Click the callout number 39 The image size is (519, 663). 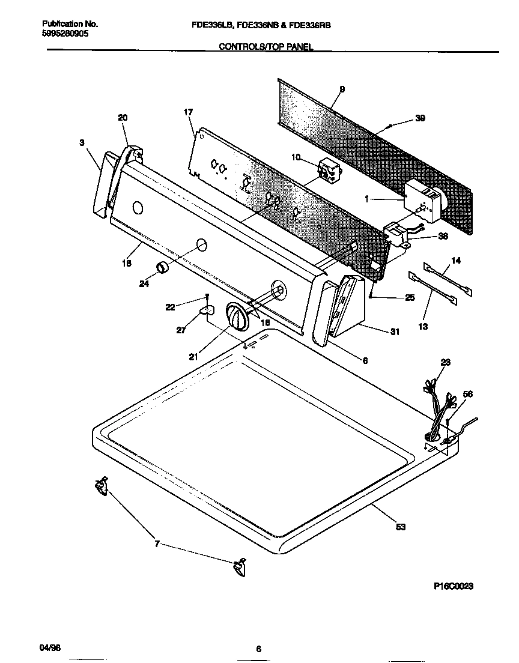(x=420, y=119)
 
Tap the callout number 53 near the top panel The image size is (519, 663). (x=401, y=527)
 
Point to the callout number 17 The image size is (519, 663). (x=188, y=112)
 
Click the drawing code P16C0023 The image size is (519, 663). (x=452, y=587)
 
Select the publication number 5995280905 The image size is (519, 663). (x=65, y=34)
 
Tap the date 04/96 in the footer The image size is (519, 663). (x=50, y=649)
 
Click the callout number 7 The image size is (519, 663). (x=157, y=544)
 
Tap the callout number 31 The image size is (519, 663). (x=395, y=331)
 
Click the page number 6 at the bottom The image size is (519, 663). (x=258, y=649)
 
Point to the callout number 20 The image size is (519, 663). (x=123, y=118)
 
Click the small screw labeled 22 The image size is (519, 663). (x=208, y=297)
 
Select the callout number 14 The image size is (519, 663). (x=456, y=261)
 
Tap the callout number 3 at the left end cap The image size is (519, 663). (x=82, y=142)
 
